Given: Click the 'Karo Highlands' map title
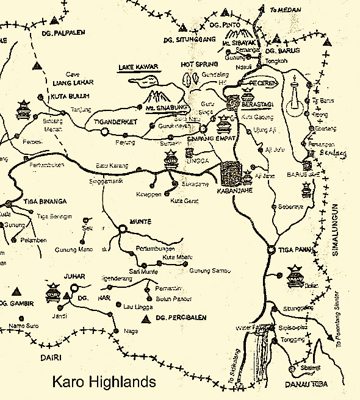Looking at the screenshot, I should tap(104, 383).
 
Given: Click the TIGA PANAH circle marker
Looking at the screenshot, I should tap(271, 249).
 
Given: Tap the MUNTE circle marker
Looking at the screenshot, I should tap(123, 229).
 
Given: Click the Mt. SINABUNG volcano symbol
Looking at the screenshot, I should tap(157, 96).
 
